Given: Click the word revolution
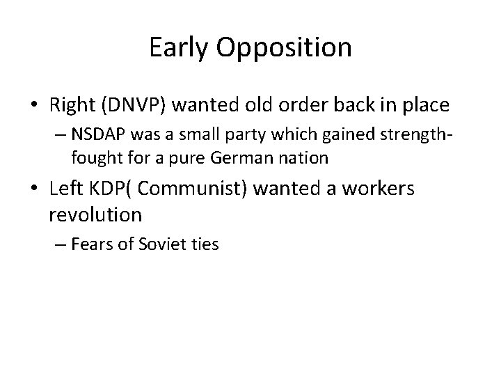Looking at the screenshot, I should click(x=95, y=215).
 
